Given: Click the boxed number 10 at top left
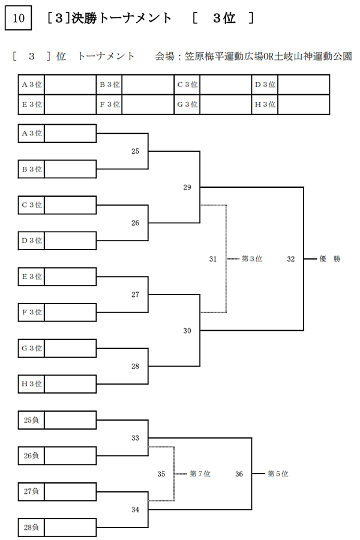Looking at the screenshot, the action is [18, 18].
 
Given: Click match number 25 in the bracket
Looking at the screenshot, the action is [135, 151].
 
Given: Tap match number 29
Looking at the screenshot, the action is [187, 187].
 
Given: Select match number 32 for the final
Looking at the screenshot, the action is [291, 259].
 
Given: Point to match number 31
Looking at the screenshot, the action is [213, 259].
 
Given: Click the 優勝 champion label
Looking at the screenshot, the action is [329, 259].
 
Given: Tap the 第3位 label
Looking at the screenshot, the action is [252, 259].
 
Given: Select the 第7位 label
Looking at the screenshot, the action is [200, 474].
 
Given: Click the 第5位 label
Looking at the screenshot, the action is [278, 474].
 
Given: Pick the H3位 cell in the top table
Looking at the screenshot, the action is [265, 104].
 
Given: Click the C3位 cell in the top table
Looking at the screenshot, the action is [187, 85].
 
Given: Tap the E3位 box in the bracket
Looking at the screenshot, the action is [57, 277].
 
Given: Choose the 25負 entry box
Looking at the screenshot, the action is [57, 420].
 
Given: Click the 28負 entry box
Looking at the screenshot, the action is [57, 527].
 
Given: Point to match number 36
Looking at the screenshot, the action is [239, 474].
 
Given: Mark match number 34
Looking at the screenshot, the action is [135, 509].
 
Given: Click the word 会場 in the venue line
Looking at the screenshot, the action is [164, 56].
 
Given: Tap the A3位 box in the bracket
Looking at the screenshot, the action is [57, 133].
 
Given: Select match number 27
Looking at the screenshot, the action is [135, 295].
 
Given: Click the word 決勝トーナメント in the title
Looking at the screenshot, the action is [121, 18].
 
